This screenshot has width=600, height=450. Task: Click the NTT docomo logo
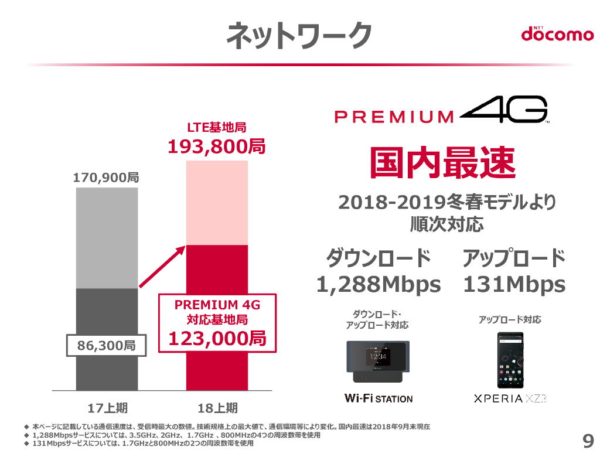pos(557,34)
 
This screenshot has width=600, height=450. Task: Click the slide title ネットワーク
pos(299,34)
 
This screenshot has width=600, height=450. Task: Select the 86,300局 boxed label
pos(106,346)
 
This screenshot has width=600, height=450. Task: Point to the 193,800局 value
pos(216,146)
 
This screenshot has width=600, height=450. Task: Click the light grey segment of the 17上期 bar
pos(107,237)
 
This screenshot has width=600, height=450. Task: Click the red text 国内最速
pos(442,162)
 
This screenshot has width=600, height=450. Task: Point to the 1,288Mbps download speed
pos(379,285)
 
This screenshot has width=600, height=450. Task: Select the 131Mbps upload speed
pos(514,285)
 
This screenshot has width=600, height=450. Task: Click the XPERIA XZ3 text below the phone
pos(510,399)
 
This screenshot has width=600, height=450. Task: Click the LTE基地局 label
pos(216,127)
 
